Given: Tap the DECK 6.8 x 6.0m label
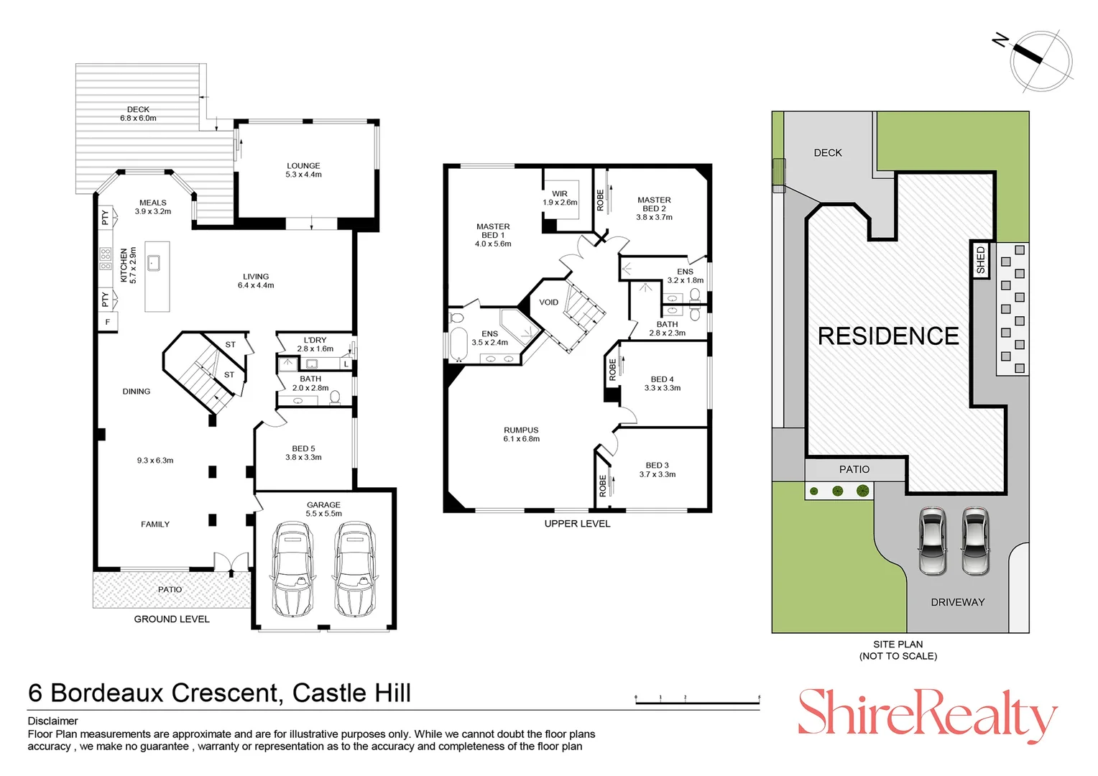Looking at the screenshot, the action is coord(138,114).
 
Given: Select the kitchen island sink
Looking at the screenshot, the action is coord(154,263).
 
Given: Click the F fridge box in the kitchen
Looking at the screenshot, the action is coord(108,322).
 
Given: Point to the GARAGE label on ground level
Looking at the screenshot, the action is coord(323,504).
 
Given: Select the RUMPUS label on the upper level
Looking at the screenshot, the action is coord(521,430).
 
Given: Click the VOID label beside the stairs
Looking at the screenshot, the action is coord(548,302).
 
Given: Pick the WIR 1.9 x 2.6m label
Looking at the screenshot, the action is coord(560,198).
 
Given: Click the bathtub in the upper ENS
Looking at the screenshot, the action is coord(458,344).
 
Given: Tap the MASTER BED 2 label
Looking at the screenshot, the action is coord(655,208).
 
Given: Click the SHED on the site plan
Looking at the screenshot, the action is coord(981,260).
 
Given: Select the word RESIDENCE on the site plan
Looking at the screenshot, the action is coord(888,336).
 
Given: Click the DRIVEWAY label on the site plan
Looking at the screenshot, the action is coord(958,602).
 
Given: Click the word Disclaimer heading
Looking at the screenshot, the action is coord(53,721).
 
